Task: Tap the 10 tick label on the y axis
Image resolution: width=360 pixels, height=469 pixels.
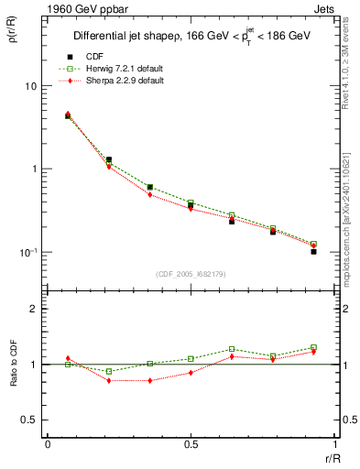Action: click(30, 86)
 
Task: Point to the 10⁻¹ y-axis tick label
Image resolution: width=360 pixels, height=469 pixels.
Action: click(27, 252)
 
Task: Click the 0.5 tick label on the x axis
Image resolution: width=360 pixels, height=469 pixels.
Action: click(190, 443)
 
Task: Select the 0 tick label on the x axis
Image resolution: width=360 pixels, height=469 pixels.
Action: click(48, 443)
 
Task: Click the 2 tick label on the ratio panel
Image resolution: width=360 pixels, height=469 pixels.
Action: click(35, 310)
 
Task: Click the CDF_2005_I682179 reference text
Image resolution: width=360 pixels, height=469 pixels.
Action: click(190, 273)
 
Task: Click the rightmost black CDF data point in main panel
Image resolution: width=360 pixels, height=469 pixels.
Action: click(313, 251)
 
